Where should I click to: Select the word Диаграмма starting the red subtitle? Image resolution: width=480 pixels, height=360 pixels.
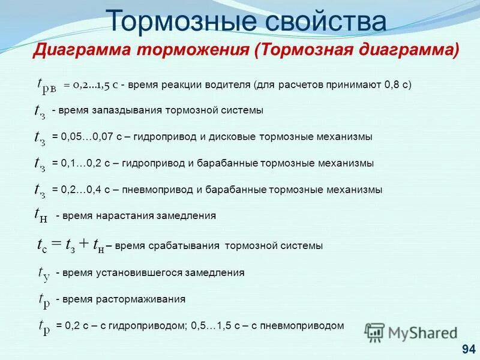(x=83, y=50)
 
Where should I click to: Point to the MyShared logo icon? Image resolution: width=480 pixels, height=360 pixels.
(x=375, y=332)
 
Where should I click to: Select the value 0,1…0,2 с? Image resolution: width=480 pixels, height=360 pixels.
(x=81, y=163)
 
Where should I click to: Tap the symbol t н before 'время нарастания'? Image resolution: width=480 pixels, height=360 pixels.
(x=41, y=215)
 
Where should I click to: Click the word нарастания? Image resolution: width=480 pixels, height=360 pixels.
(x=124, y=215)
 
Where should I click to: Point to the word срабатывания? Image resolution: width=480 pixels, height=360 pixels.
(x=183, y=245)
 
